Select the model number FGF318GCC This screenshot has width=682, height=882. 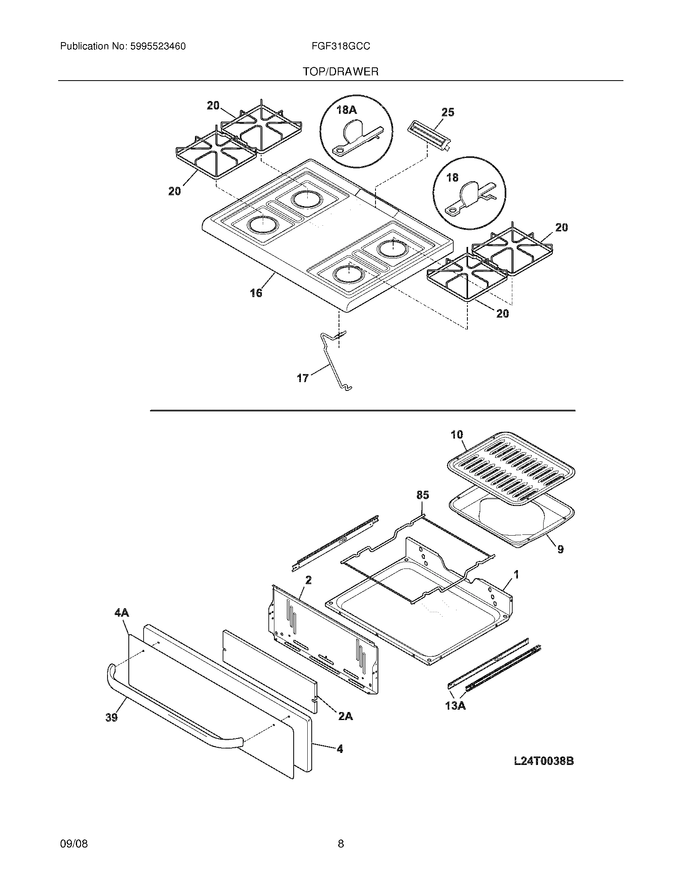(341, 47)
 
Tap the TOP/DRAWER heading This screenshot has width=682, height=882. (341, 72)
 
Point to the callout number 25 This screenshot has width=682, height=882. (447, 112)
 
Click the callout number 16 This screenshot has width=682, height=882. (256, 293)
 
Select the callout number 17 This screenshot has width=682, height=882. (302, 378)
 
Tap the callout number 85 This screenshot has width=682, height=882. (422, 495)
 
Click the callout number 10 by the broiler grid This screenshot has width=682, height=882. (457, 435)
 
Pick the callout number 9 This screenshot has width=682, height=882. (560, 549)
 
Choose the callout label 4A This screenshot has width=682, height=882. (122, 613)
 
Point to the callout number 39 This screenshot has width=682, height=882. (112, 717)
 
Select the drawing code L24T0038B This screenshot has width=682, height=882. (544, 761)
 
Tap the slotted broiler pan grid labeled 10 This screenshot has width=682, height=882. (511, 468)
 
